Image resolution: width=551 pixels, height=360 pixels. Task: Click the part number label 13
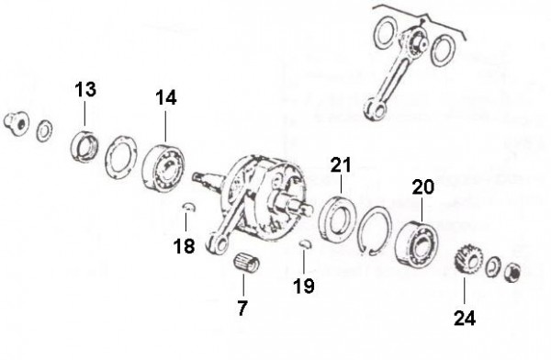point(85,89)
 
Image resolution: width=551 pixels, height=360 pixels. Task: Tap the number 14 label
point(166,97)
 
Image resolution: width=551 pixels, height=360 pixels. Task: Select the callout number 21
point(341,165)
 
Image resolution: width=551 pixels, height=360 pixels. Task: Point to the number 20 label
point(423,187)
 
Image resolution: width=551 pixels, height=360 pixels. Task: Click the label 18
point(185,246)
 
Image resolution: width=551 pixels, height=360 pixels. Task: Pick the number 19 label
point(304,286)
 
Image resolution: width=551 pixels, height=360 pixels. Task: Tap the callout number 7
point(242,309)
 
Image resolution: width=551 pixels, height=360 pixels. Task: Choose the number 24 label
point(465,318)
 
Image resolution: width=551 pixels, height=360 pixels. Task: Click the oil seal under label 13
point(84,146)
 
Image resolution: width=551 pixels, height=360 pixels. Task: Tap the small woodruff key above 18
point(189,207)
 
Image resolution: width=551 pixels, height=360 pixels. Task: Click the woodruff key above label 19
point(306,243)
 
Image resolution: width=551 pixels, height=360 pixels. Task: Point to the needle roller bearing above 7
point(246,262)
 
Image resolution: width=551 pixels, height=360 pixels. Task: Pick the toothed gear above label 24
point(467,260)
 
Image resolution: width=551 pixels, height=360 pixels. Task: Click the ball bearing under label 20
point(416,243)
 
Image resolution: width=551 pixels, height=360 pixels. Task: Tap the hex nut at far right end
point(512,273)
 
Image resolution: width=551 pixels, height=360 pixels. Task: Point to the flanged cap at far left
point(17,122)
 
